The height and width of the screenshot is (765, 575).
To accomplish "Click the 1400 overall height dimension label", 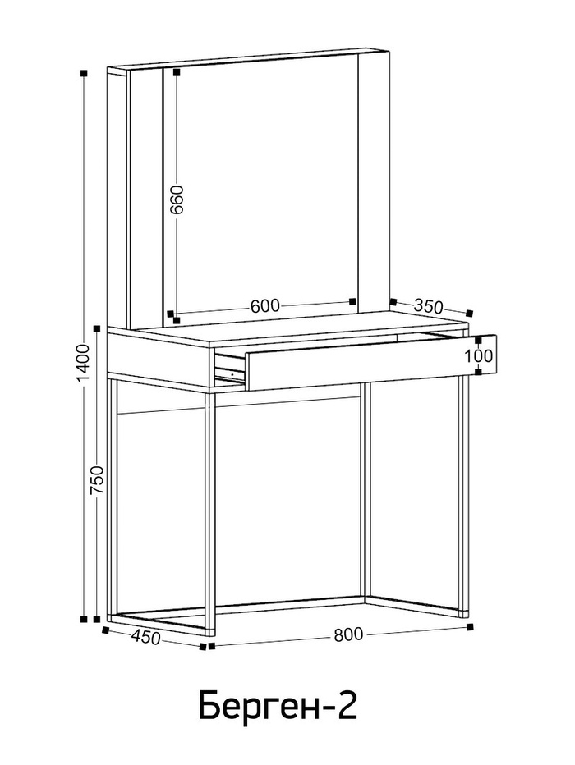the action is (x=84, y=363).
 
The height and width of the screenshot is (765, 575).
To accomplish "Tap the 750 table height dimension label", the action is (x=97, y=480).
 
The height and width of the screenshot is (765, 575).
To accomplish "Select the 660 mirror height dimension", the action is (x=177, y=199).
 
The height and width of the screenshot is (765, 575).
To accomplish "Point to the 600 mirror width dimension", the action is (x=265, y=306).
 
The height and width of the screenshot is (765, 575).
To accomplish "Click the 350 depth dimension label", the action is (x=428, y=306).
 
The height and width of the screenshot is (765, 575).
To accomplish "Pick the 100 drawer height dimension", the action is (x=478, y=355).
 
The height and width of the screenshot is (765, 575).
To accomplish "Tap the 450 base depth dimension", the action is (x=146, y=637).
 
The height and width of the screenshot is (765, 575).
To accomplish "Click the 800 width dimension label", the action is (x=348, y=634).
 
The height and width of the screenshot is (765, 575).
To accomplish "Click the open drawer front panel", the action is (x=371, y=362).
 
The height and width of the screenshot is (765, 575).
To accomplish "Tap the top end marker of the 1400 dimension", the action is (x=84, y=73).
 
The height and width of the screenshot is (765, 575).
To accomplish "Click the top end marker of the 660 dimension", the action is (x=177, y=71).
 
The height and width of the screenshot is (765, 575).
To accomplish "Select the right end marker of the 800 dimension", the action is (x=470, y=626).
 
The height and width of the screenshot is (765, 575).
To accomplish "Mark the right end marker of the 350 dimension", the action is (x=470, y=313).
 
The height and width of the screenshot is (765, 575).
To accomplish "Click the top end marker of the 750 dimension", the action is (x=97, y=328).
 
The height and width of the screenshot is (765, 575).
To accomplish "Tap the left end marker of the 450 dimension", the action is (x=105, y=630).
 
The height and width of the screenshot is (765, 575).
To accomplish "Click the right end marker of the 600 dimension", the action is (x=353, y=301).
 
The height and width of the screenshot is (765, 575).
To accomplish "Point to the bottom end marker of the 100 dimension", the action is (x=478, y=373).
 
